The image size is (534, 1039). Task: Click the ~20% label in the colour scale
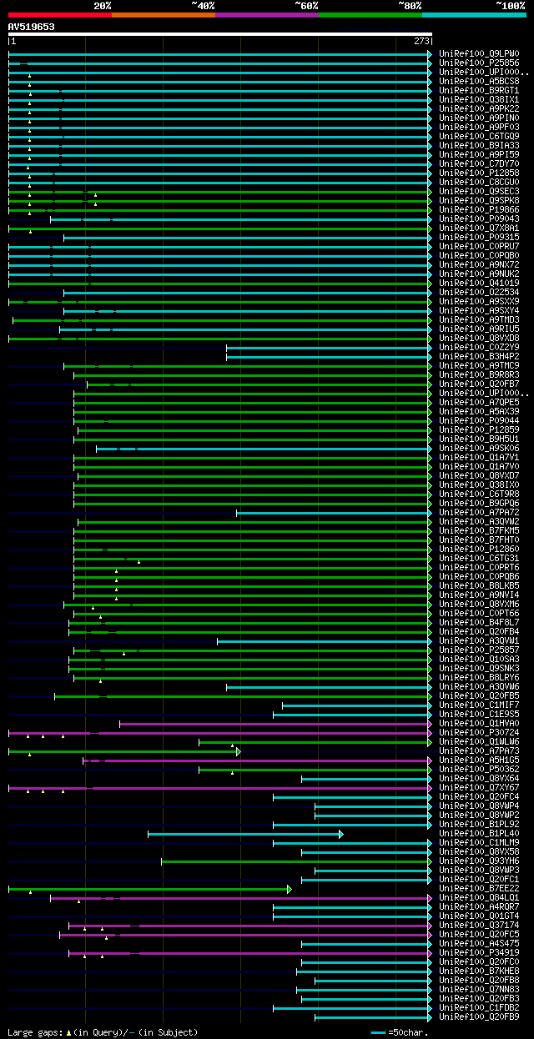click(102, 6)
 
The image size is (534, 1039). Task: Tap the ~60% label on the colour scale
click(306, 6)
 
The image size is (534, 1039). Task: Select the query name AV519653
click(32, 27)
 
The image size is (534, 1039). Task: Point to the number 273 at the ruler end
click(421, 41)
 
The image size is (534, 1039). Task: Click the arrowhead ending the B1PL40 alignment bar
click(340, 834)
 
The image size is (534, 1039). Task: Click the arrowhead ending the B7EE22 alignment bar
click(290, 889)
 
